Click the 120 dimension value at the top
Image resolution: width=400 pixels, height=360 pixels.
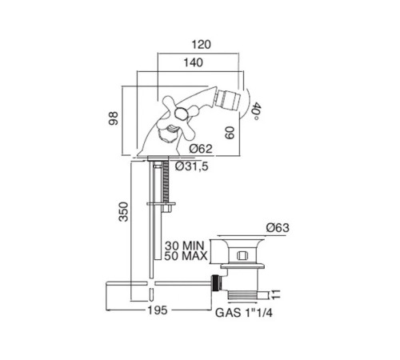click(202, 45)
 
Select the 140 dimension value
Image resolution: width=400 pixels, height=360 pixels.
click(194, 62)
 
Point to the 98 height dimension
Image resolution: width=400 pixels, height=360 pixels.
click(113, 118)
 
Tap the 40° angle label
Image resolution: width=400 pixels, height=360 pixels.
click(255, 111)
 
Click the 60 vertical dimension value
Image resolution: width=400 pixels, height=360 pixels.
click(230, 133)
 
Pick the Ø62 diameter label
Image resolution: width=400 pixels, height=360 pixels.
click(201, 149)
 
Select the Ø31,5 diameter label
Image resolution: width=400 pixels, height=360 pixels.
click(192, 166)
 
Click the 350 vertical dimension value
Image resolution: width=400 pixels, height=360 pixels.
click(123, 212)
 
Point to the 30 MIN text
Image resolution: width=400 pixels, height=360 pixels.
click(184, 246)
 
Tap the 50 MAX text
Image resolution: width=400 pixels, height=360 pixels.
click(186, 256)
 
